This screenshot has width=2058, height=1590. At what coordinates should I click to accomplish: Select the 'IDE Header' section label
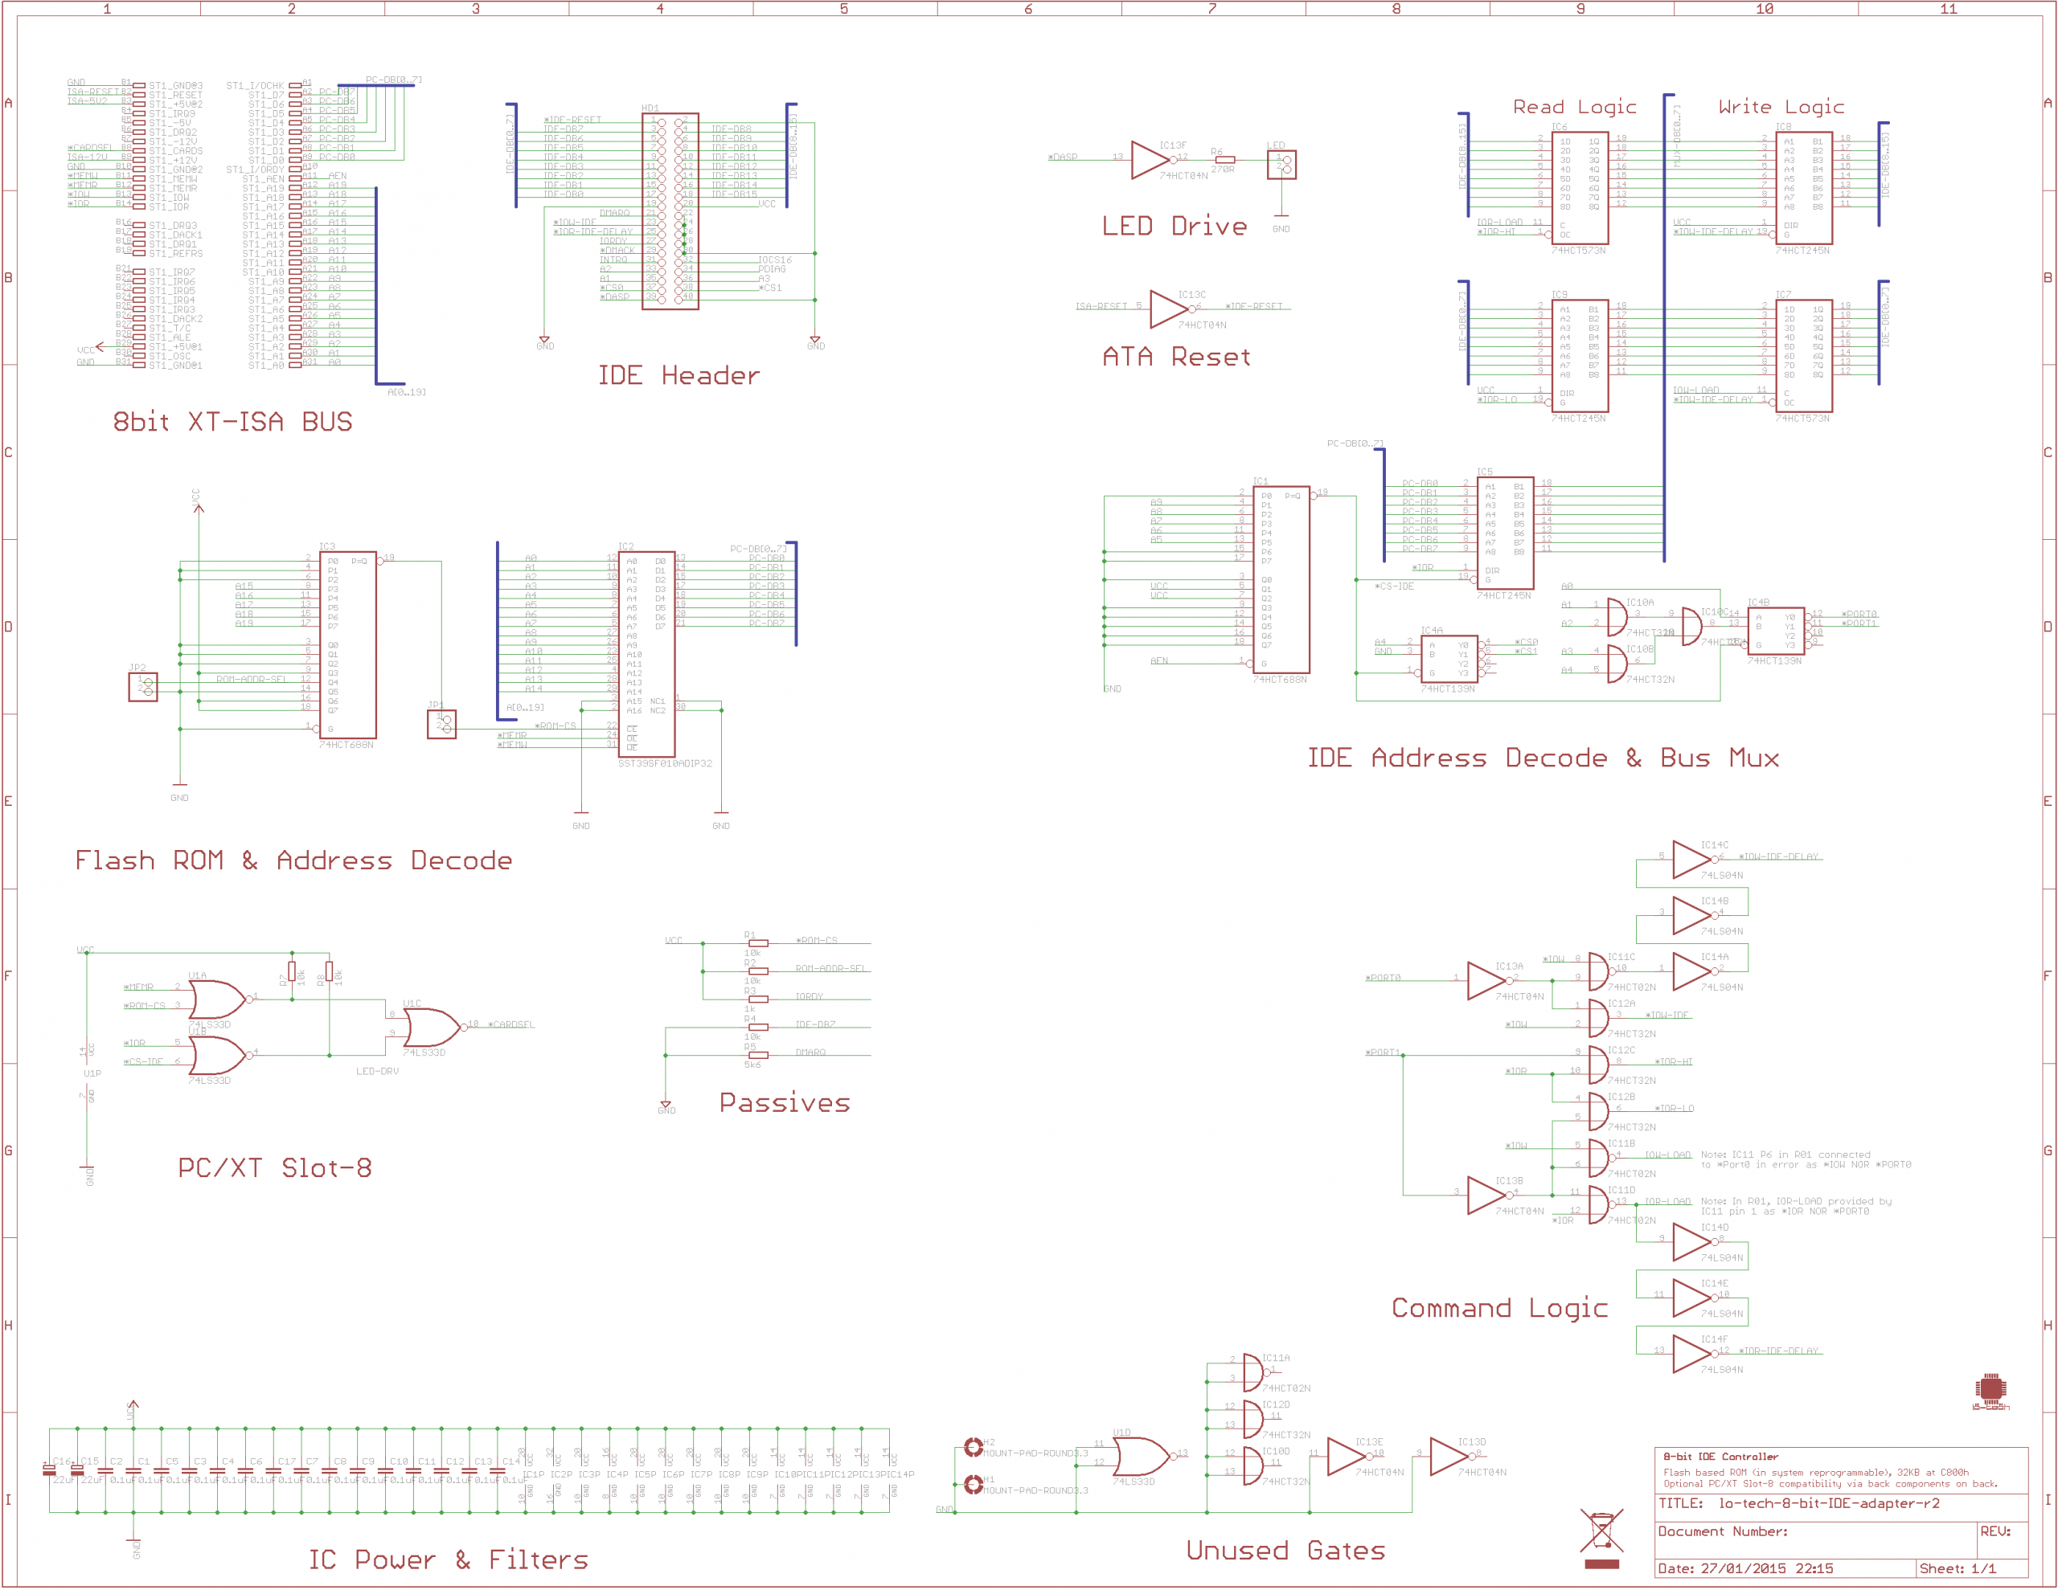tap(678, 376)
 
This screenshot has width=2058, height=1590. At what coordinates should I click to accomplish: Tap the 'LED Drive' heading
tap(1175, 226)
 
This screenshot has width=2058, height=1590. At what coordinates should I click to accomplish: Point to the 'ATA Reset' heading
tap(1177, 357)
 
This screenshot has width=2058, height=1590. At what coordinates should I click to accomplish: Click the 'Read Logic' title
tap(1574, 106)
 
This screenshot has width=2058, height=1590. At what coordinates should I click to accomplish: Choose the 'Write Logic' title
tap(1781, 106)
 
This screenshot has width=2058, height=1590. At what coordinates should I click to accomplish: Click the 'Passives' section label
tap(784, 1103)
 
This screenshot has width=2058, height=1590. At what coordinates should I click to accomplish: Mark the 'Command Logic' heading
tap(1499, 1308)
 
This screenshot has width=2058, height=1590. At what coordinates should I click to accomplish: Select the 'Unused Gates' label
tap(1285, 1551)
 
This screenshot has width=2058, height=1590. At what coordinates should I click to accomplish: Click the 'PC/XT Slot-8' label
tap(275, 1168)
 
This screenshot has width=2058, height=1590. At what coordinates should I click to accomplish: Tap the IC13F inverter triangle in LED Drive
tap(1150, 160)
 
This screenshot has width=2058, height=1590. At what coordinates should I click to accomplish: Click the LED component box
tap(1281, 165)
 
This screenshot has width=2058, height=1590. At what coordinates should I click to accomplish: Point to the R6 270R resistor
tap(1224, 160)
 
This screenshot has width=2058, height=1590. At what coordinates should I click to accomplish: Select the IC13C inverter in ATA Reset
tap(1170, 309)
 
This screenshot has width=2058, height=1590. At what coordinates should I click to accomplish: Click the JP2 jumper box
tap(143, 687)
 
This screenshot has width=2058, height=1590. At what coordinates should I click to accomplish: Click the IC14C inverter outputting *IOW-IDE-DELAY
tap(1691, 859)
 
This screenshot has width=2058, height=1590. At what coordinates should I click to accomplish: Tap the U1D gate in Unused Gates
tap(1140, 1457)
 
